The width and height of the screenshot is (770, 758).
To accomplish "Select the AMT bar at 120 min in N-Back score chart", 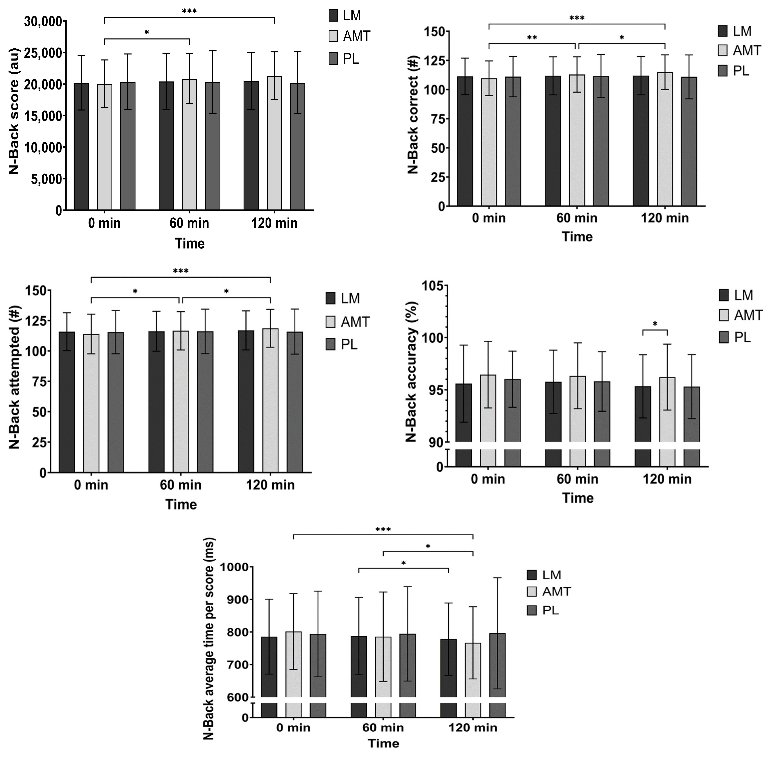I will pos(274,143).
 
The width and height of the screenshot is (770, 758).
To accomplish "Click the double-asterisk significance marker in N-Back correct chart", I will pos(532,38).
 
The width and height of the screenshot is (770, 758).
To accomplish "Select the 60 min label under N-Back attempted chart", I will pos(180,485).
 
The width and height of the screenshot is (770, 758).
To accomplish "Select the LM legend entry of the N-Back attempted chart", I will pos(342,298).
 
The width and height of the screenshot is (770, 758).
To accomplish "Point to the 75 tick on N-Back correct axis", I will pos(438,119).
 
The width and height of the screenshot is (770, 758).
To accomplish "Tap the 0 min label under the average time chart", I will pos(293,728).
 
